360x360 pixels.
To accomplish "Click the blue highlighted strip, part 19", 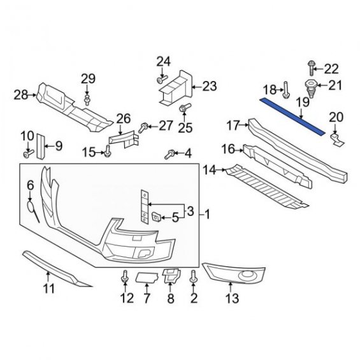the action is point(292,117).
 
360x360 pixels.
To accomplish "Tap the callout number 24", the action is point(164,62).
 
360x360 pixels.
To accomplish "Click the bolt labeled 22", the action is point(312,68).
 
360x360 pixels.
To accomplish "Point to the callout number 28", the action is point(21,95).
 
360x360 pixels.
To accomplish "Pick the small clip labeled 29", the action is point(87,99).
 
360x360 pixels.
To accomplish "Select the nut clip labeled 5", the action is point(156,216).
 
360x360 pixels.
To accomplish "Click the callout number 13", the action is point(232,298).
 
